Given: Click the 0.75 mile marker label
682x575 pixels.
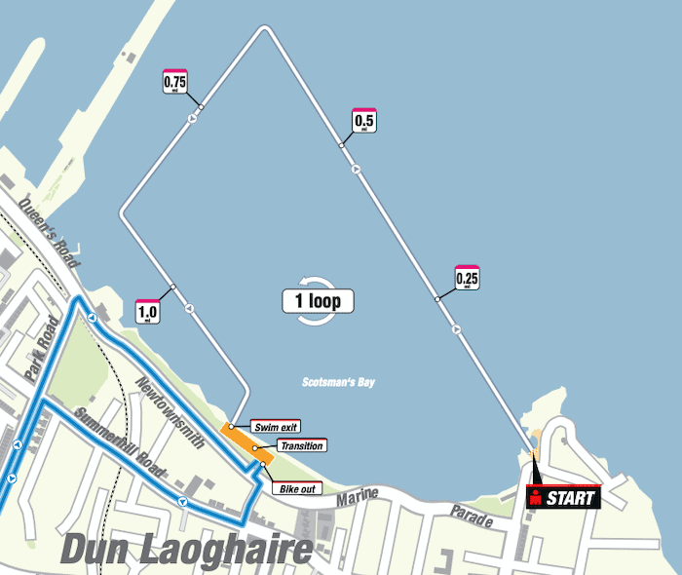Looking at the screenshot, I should click(175, 82).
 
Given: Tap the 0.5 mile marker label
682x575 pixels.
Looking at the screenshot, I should click(363, 120).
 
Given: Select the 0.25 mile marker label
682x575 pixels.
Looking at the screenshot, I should click(468, 279).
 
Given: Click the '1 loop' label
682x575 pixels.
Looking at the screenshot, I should click(318, 301).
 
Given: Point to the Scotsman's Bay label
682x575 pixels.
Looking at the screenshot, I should click(338, 383).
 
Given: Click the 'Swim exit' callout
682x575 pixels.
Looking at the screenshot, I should click(276, 427).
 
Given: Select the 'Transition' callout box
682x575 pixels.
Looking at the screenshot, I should click(300, 445).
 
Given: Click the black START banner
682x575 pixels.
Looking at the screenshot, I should click(564, 498).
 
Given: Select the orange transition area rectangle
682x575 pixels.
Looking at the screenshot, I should click(246, 442).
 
